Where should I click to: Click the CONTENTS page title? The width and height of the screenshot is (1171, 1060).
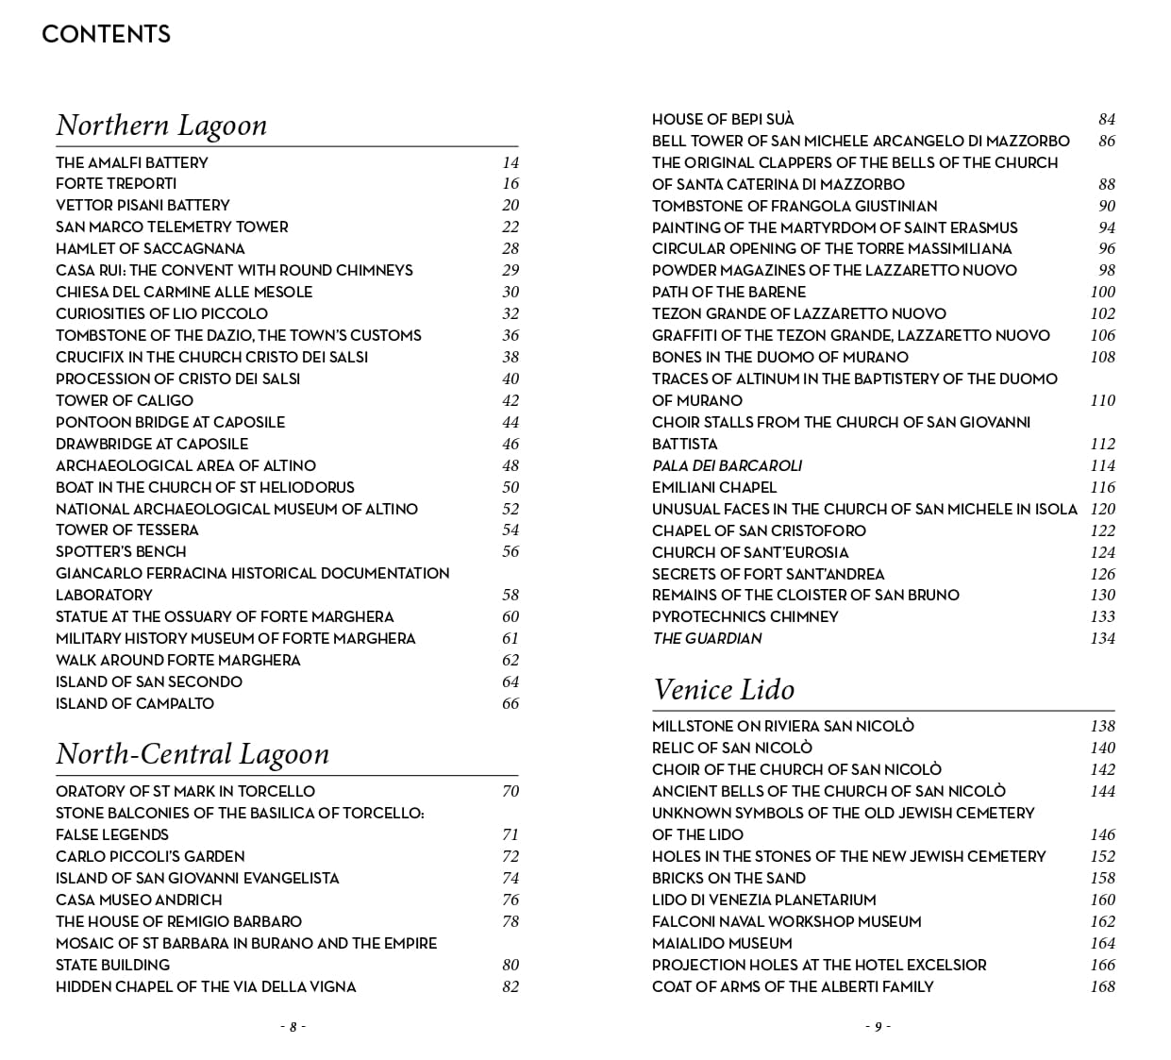pos(106,35)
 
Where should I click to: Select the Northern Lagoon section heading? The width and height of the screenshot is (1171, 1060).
pos(161,126)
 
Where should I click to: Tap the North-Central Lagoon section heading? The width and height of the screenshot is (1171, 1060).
pos(192,754)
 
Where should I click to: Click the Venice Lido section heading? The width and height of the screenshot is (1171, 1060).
pos(724,690)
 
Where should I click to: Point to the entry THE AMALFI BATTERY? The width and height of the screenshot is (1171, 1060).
pos(131,162)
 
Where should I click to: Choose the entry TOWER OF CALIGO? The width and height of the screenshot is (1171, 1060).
pos(124,400)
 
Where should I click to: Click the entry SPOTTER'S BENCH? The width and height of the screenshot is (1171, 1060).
pos(121,551)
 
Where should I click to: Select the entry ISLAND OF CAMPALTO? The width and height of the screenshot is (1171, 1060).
pos(134,703)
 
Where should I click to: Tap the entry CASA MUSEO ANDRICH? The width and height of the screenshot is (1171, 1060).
pos(139,900)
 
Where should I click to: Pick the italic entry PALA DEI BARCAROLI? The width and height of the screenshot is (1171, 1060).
pos(727,465)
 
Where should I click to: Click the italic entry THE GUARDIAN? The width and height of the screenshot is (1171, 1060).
pos(707,638)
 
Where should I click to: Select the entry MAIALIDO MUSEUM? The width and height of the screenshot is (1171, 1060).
pos(722,943)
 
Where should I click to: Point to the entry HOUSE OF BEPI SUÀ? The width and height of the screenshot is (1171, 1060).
pos(723,119)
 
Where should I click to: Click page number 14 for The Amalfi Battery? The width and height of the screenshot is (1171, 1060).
pos(510,162)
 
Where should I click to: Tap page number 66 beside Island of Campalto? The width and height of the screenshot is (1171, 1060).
pos(510,703)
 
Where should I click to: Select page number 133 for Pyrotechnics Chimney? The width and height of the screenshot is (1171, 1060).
pos(1102,616)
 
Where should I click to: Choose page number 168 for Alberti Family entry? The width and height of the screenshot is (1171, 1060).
pos(1102,986)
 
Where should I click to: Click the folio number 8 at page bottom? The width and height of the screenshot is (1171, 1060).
pos(293,1027)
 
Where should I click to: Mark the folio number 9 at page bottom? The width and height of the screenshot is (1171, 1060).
pos(878,1027)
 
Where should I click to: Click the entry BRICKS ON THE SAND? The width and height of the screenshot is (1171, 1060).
pos(728,878)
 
